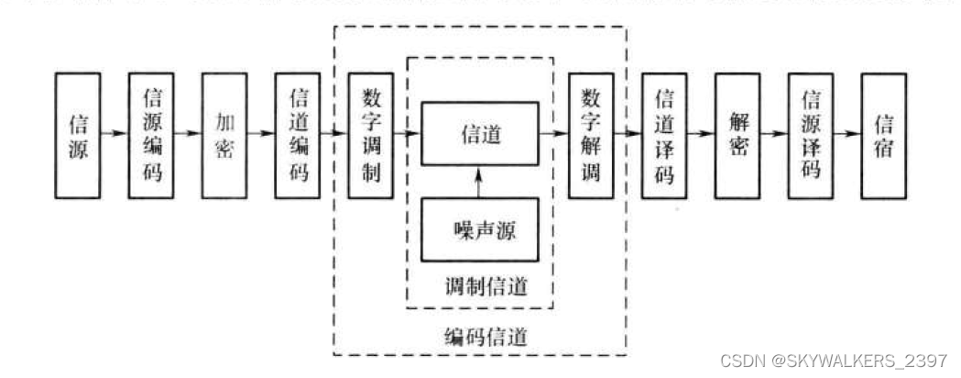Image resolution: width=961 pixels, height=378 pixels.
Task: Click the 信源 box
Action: (79, 136)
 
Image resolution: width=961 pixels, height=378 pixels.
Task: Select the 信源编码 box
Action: (151, 136)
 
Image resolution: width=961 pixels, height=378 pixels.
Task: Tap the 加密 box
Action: (224, 136)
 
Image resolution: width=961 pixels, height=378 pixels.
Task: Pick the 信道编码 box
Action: (298, 136)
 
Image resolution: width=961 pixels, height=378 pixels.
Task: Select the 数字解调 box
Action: (591, 136)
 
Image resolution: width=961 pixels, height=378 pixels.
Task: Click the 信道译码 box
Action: (664, 136)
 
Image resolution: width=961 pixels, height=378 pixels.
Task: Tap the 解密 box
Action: (737, 136)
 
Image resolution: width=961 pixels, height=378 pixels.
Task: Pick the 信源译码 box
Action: (811, 136)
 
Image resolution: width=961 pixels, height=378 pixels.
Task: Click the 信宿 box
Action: (884, 136)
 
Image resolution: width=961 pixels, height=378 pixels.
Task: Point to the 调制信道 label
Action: (480, 286)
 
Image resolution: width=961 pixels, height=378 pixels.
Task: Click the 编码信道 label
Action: (480, 336)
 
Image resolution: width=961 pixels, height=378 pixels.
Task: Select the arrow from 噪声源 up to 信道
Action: (480, 183)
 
